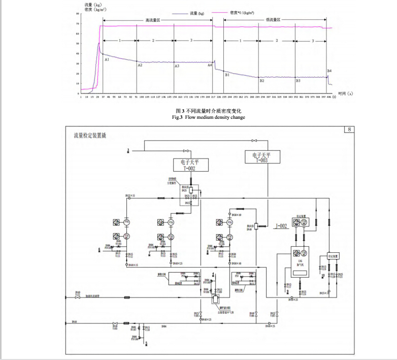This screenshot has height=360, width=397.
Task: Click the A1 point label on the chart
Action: (x=107, y=59)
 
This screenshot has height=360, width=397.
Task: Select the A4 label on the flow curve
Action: (x=210, y=65)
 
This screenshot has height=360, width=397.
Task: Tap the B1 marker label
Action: (x=227, y=75)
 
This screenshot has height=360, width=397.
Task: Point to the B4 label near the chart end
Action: (x=329, y=71)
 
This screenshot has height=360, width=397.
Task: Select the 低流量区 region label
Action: (x=273, y=20)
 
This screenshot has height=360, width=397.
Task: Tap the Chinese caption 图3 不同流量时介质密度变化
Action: (x=208, y=111)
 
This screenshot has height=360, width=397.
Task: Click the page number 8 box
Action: (x=349, y=129)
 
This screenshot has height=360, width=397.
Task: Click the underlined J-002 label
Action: (x=281, y=225)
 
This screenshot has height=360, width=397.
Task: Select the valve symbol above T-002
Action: (x=186, y=150)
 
